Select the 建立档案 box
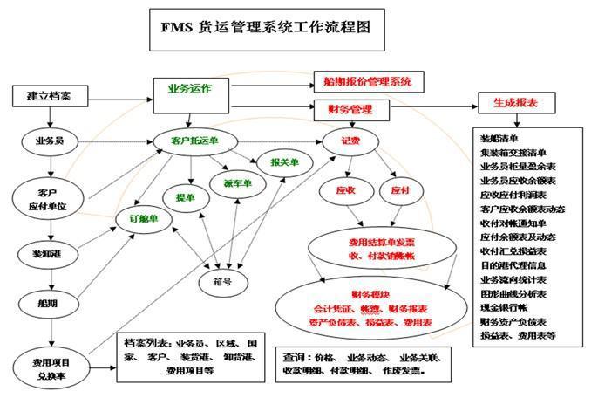[49, 96]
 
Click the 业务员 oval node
[48, 140]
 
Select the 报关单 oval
[284, 162]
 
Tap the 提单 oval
[186, 198]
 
